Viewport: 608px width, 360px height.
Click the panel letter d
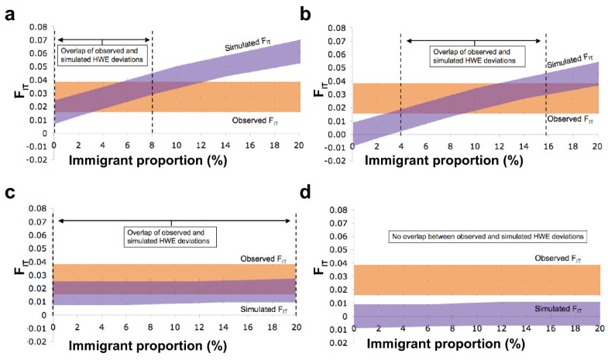click(315, 194)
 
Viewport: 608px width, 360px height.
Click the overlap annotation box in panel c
click(170, 237)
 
